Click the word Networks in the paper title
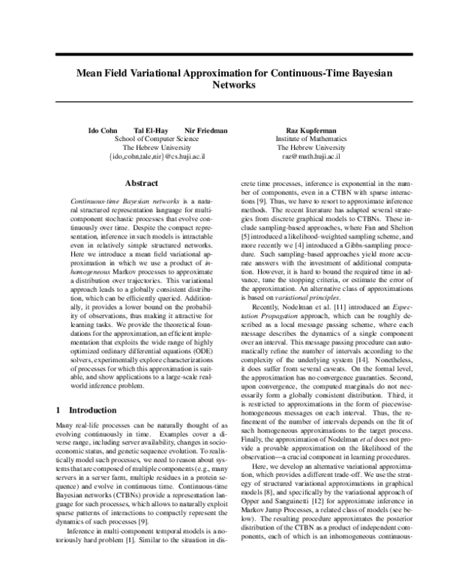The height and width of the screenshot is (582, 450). click(224, 86)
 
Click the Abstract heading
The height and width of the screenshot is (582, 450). click(141, 183)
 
